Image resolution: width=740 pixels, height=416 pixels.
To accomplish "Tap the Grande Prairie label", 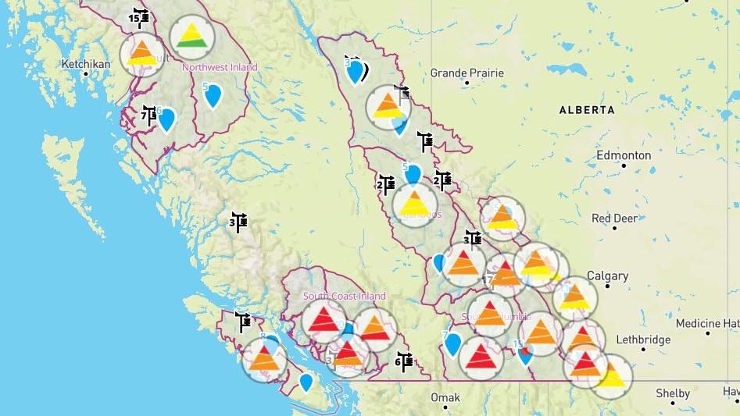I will [x=467, y=73].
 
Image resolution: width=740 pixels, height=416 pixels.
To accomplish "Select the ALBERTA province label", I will [x=586, y=111].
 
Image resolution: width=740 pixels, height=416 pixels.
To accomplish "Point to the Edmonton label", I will [x=624, y=155].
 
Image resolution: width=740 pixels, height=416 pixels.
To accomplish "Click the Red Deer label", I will [x=613, y=219].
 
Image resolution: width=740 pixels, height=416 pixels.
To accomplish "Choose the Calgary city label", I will [x=607, y=276].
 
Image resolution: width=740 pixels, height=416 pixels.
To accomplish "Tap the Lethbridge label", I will [x=643, y=340].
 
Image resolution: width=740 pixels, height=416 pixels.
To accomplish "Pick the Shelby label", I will [x=673, y=393].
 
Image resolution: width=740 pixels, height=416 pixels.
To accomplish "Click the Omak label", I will [x=445, y=398].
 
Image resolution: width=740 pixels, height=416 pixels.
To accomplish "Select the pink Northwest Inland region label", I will [x=220, y=68].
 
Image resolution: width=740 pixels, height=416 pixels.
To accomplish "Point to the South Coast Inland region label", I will [x=344, y=297].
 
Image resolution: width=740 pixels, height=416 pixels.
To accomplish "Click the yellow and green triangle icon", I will [x=191, y=35].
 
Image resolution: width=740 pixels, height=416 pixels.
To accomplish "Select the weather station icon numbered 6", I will [x=403, y=361].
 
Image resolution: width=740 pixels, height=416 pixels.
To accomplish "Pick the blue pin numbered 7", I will [x=452, y=343].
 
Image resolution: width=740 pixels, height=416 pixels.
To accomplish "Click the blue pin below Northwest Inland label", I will [x=213, y=95].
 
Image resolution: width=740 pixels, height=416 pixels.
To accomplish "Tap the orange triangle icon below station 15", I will [x=141, y=54].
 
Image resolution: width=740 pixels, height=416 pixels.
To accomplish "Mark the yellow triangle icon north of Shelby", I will [x=611, y=377].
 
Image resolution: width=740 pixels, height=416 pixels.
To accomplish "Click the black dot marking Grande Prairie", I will [x=467, y=82].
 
